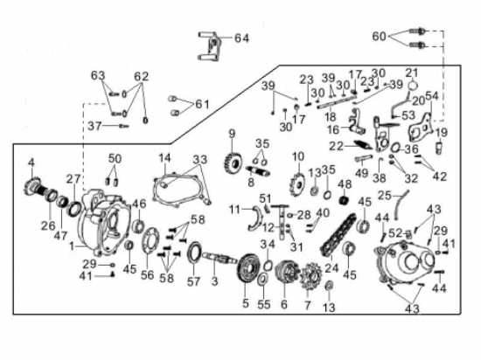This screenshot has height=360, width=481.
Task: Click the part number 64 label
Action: tap(241, 38)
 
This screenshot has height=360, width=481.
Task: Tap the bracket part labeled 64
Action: tap(211, 46)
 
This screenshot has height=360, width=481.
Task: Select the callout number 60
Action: tap(379, 36)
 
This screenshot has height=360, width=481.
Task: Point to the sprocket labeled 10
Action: tap(298, 183)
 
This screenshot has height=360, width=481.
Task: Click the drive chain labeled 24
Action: tap(338, 235)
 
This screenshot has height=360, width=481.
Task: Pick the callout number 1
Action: tap(72, 246)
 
